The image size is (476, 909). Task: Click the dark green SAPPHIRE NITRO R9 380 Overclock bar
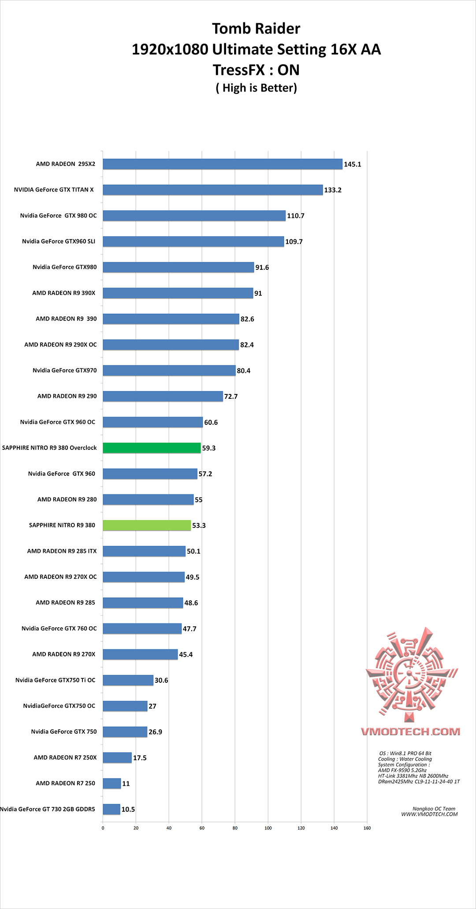coord(152,448)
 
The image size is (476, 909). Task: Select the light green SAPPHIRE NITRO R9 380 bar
coord(147,525)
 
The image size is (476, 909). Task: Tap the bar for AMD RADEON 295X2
coord(223,164)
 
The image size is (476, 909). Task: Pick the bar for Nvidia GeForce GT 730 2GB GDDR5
coord(112,809)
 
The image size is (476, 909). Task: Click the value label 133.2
coord(333,190)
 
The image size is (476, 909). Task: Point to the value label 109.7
coord(294,242)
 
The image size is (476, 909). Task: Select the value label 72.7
coord(231,397)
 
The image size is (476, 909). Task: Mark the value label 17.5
coord(140,758)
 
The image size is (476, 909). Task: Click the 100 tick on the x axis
coord(268,828)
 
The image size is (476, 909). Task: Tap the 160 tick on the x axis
coord(367,828)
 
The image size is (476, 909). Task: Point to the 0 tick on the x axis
coord(103,828)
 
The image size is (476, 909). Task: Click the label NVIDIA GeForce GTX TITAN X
coord(54,190)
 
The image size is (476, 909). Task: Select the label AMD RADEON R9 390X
coord(63,293)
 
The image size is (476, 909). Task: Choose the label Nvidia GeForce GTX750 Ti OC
coord(55,680)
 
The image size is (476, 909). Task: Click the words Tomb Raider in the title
coord(256,29)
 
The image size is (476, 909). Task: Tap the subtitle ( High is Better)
coord(256,88)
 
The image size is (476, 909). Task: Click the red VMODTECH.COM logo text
coord(410,732)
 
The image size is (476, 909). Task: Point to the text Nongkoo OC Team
coord(434,809)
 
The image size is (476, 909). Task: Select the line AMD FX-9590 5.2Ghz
coord(402,770)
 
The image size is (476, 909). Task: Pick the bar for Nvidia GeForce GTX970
coord(169,371)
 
